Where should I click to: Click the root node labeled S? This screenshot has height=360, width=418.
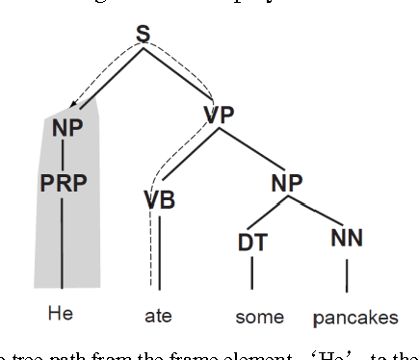(143, 36)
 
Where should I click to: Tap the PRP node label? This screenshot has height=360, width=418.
(64, 182)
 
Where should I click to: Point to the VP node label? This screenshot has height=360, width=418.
(220, 116)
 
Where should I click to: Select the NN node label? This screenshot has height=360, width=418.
(347, 237)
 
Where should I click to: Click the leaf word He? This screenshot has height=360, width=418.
(61, 314)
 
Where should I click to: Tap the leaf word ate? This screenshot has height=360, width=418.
(157, 316)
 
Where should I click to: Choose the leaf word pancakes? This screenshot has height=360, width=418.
(354, 317)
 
